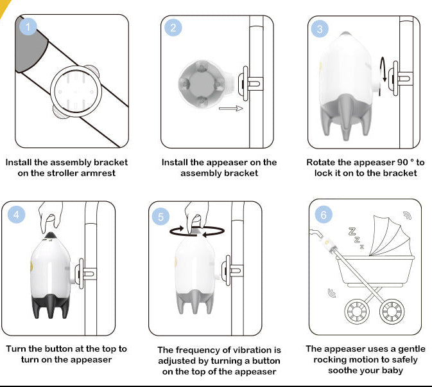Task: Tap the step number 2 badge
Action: pos(173,28)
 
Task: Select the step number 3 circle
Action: pos(320,29)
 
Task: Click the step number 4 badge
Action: pos(17,214)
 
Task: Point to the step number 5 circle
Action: pos(161,217)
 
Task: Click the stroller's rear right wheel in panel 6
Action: pos(392,311)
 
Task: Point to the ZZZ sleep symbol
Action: pos(355,237)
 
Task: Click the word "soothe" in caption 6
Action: pos(345,370)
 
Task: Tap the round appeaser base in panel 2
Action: pos(201,84)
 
